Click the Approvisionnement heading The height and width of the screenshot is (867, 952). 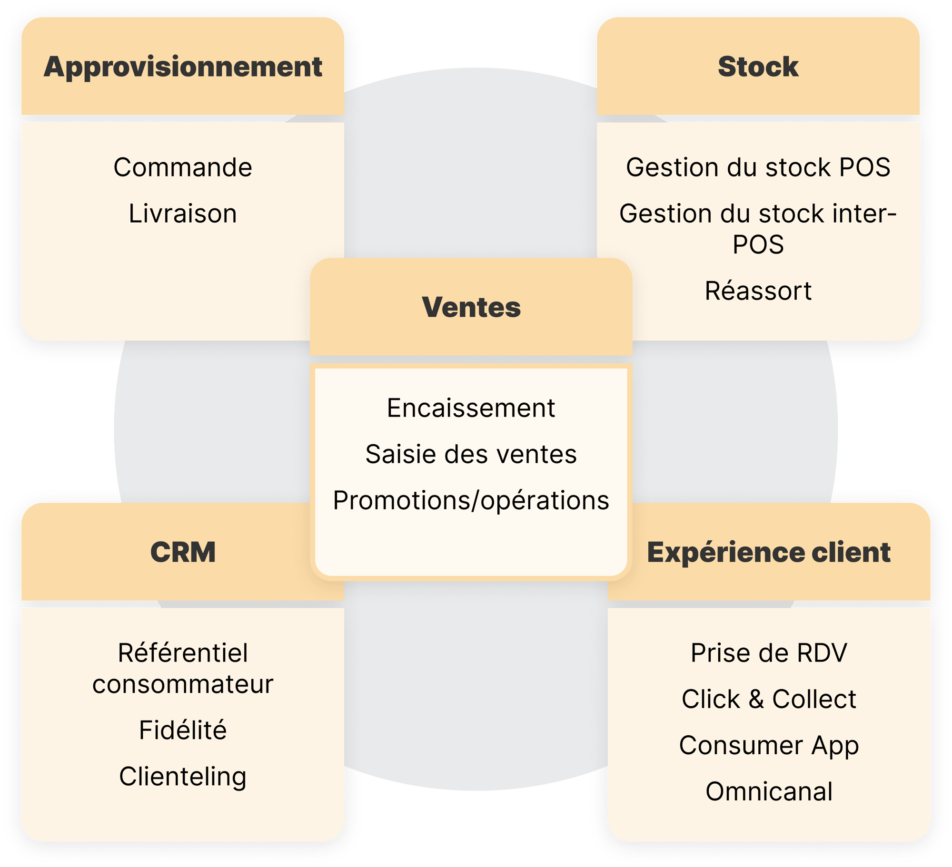(183, 67)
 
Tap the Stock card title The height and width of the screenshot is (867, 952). (758, 67)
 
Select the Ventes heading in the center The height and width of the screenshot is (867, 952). (471, 307)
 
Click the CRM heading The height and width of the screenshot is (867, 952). (183, 552)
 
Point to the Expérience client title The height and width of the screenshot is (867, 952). (769, 552)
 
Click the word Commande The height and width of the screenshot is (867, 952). (183, 167)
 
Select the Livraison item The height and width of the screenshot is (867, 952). (183, 214)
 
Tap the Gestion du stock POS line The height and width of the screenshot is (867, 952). (758, 167)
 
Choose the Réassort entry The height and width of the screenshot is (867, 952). (758, 291)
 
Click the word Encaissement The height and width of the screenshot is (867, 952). (471, 408)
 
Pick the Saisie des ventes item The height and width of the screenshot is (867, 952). (471, 454)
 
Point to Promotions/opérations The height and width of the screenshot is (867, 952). (471, 500)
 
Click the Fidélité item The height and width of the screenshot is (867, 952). (183, 730)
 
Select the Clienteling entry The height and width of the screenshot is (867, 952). (183, 777)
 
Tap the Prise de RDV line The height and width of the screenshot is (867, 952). (769, 653)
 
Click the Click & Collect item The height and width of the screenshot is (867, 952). (769, 699)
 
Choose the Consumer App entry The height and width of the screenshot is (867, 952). (769, 745)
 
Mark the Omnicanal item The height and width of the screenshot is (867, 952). (769, 791)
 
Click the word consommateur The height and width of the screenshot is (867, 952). (183, 684)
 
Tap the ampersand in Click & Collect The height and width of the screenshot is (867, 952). (756, 699)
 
